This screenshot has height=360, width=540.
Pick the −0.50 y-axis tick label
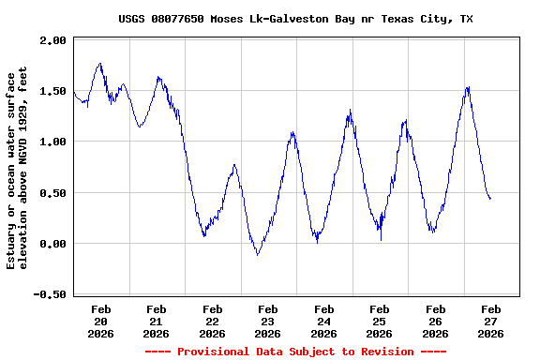pos(51,294)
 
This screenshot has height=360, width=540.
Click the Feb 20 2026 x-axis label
pos(101,321)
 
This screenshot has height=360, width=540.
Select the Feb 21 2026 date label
pos(157,321)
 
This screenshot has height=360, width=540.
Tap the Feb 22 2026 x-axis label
pos(213,321)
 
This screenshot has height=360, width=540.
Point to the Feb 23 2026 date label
pos(268,321)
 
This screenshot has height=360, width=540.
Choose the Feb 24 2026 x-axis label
pos(324,321)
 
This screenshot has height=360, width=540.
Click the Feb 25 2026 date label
pos(380,321)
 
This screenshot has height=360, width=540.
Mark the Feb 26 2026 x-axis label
pos(435,321)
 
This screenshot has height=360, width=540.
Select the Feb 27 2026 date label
pos(490,321)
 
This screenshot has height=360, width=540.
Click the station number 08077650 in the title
pos(180,19)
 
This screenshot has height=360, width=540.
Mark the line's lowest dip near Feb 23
pos(258,254)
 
